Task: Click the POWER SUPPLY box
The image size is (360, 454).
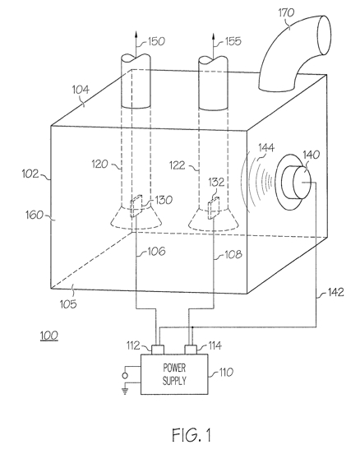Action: click(x=174, y=374)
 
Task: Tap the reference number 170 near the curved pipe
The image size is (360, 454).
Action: click(x=286, y=13)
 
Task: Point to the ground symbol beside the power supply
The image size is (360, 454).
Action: click(x=125, y=391)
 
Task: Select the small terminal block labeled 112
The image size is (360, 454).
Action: click(x=158, y=350)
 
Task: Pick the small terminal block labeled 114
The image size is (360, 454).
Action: click(x=191, y=350)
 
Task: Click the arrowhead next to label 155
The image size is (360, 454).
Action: click(x=213, y=36)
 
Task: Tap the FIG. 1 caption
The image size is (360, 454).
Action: click(x=192, y=435)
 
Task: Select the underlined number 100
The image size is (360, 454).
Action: click(x=49, y=336)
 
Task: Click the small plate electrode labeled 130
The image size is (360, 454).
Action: click(x=136, y=206)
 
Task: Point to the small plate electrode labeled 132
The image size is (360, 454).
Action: click(x=214, y=208)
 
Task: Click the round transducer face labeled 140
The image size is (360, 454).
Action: click(x=302, y=182)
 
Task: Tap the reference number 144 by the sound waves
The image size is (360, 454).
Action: click(x=266, y=148)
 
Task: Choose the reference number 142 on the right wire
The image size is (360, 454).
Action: click(x=335, y=292)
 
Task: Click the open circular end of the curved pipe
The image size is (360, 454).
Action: click(x=324, y=35)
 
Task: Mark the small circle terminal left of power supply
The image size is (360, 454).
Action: click(x=125, y=376)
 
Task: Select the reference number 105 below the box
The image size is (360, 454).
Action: click(x=68, y=304)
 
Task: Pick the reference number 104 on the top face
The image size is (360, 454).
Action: click(x=81, y=90)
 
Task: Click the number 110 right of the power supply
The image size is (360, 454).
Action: click(x=226, y=373)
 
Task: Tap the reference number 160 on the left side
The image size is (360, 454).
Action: click(x=35, y=215)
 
